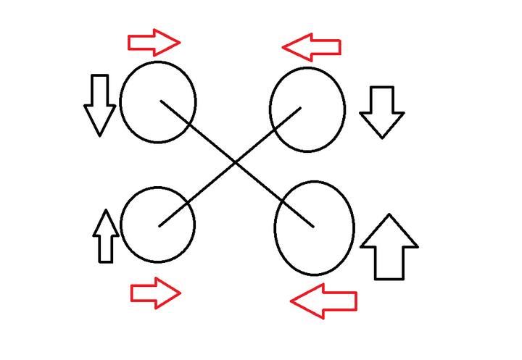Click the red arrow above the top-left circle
154,43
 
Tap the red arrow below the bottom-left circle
155,293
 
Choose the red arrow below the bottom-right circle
323,301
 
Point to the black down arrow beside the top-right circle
381,111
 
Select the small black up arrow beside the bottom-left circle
105,236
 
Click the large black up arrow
389,247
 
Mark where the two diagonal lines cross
236,164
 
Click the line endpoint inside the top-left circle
161,101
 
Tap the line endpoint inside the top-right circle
301,109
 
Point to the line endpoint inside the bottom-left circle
159,225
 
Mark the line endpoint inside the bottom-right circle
313,227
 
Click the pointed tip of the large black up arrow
389,215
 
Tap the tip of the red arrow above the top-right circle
283,48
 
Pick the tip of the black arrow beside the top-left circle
99,135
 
